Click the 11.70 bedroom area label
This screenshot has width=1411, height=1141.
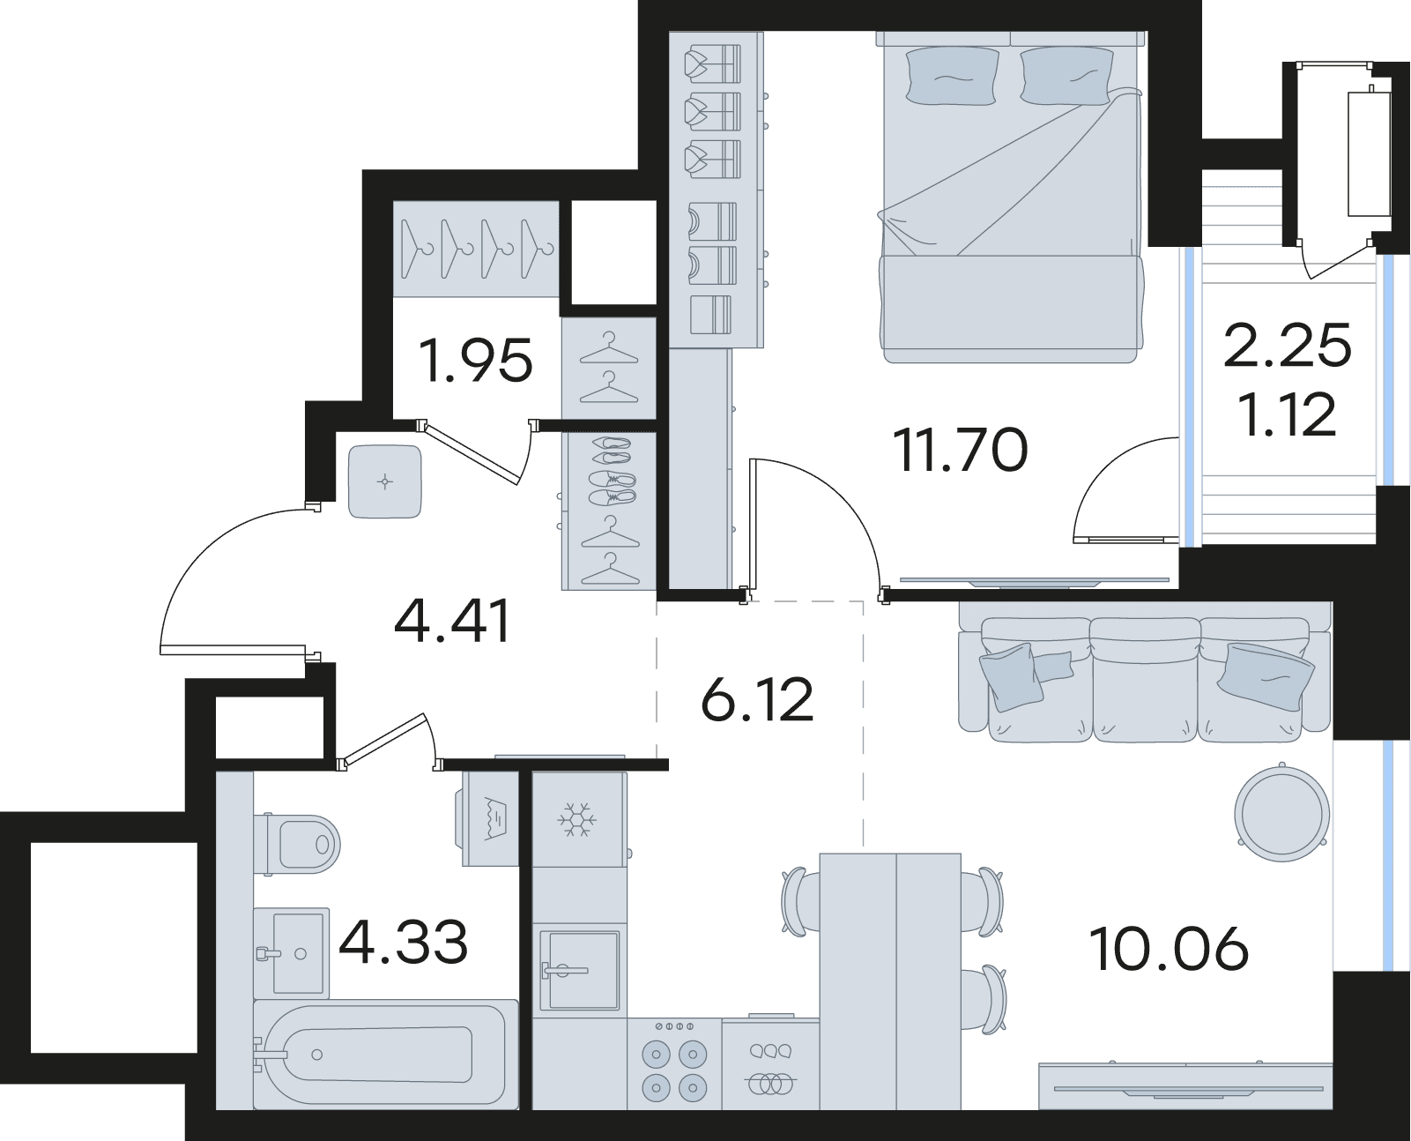[x=960, y=450]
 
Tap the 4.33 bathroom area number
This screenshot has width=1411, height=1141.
[x=403, y=943]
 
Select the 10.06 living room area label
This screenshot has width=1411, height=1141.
[x=1169, y=950]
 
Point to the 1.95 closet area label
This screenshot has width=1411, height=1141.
[x=476, y=361]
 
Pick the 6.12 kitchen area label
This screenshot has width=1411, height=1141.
[x=756, y=700]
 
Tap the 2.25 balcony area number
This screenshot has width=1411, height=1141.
[x=1287, y=345]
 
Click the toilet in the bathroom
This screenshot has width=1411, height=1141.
[x=297, y=844]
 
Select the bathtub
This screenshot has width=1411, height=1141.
[x=385, y=1055]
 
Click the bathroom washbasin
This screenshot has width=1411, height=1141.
[x=292, y=953]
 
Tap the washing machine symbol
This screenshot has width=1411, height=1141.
[x=490, y=820]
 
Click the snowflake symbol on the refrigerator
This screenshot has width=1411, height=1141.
[x=577, y=820]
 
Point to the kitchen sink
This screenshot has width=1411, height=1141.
[x=579, y=971]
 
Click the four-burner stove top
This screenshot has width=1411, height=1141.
[x=674, y=1063]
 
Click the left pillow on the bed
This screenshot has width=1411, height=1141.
[x=952, y=76]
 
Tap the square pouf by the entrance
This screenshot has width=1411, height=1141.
[x=385, y=481]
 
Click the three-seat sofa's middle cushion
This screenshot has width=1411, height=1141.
[x=1145, y=679]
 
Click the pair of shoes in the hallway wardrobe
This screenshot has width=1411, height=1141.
[x=611, y=468]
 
